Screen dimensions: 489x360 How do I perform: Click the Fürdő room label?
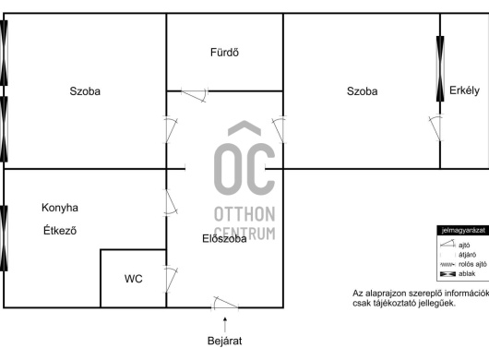pyautogui.click(x=224, y=52)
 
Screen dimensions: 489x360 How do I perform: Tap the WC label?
pyautogui.click(x=134, y=279)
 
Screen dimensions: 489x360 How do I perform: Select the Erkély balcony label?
pyautogui.click(x=464, y=90)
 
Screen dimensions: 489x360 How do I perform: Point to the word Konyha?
pyautogui.click(x=60, y=208)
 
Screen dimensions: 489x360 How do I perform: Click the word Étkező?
pyautogui.click(x=60, y=230)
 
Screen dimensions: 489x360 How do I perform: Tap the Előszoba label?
pyautogui.click(x=224, y=239)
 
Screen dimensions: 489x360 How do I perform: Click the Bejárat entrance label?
pyautogui.click(x=224, y=341)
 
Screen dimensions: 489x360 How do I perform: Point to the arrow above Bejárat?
pyautogui.click(x=225, y=324)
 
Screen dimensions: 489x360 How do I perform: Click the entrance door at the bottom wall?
pyautogui.click(x=225, y=304)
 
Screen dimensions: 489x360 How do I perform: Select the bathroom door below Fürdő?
pyautogui.click(x=195, y=95)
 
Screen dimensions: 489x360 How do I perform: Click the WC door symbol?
pyautogui.click(x=171, y=280)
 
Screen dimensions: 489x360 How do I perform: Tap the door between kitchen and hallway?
pyautogui.click(x=171, y=202)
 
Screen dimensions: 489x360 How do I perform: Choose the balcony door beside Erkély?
pyautogui.click(x=435, y=128)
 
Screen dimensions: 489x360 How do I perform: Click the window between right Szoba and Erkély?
pyautogui.click(x=440, y=68)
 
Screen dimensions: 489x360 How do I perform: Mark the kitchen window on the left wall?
pyautogui.click(x=4, y=238)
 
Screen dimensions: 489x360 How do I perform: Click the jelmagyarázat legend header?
pyautogui.click(x=463, y=231)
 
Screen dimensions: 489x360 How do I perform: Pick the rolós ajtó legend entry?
pyautogui.click(x=463, y=265)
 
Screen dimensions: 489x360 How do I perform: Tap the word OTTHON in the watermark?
pyautogui.click(x=244, y=214)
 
